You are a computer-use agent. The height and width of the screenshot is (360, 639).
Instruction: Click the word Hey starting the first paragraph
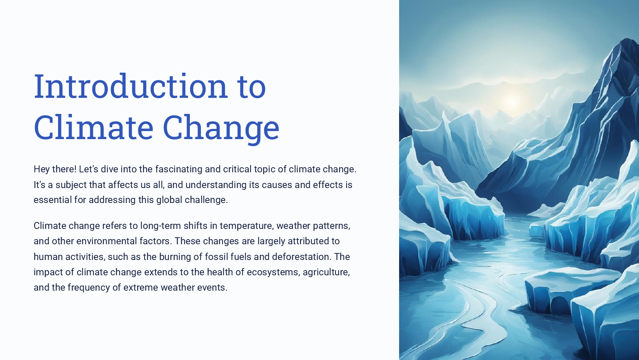click(42, 169)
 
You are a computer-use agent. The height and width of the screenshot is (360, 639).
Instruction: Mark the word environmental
click(107, 241)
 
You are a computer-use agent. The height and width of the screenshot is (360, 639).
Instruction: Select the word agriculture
click(326, 272)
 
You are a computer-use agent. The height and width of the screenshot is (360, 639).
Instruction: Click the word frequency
click(89, 288)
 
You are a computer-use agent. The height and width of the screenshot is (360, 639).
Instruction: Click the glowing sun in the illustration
click(513, 102)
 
